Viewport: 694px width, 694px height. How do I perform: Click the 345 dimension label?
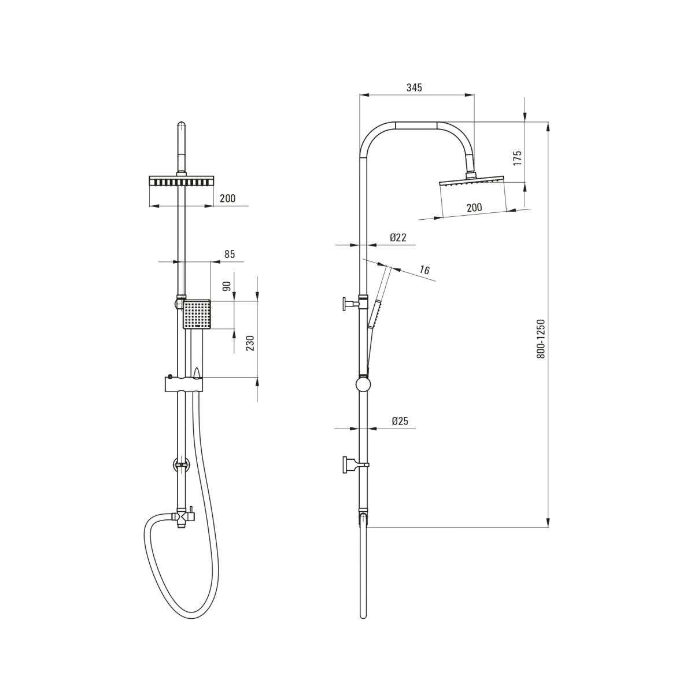414,87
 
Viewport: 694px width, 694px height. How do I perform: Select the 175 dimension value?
518,158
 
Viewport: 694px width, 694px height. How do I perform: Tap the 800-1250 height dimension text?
541,338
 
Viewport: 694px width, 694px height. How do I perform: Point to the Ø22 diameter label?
398,237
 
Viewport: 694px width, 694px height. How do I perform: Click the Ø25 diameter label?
400,421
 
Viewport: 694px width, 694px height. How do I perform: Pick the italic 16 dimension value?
424,270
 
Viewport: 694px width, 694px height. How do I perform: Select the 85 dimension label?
230,254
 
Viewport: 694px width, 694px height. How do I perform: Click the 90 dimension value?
227,286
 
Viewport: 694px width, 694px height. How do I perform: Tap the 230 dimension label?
250,343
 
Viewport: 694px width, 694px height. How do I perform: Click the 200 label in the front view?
228,198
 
